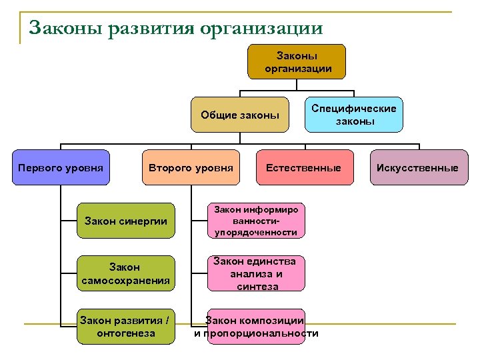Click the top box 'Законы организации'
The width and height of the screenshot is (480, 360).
coord(297,61)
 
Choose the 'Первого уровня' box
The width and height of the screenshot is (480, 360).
coord(61,167)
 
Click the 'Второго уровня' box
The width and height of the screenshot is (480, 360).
coord(191,167)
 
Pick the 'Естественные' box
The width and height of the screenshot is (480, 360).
coord(303,167)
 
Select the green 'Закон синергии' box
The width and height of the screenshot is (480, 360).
coord(125,221)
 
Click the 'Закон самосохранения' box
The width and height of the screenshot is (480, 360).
coord(125,273)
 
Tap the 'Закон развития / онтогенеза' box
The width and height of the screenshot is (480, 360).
coord(125,327)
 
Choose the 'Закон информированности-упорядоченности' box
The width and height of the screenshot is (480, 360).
coord(256,221)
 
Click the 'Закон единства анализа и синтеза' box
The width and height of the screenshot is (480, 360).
coord(256,273)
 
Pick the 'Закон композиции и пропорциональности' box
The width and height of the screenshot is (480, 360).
coord(256,327)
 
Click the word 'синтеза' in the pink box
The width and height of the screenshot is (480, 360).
coord(256,286)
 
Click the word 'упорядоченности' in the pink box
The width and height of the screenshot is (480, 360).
coord(256,232)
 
